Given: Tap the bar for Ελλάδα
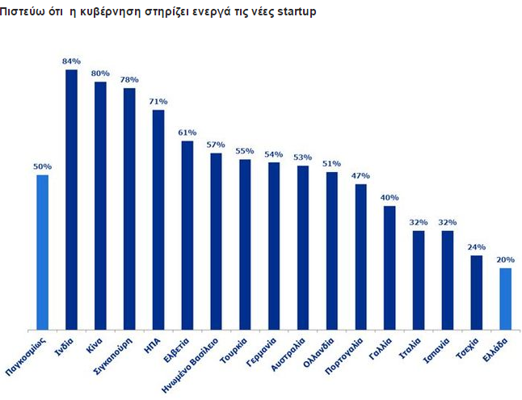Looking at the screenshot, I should [505, 298].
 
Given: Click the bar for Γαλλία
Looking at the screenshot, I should [389, 267].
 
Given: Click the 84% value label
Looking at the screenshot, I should [71, 61].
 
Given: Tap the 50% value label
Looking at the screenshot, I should [42, 166].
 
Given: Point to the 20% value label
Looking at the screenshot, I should [505, 259].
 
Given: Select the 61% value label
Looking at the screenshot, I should [187, 133].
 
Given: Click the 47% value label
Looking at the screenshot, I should [360, 175].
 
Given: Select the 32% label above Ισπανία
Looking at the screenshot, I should [447, 222].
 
